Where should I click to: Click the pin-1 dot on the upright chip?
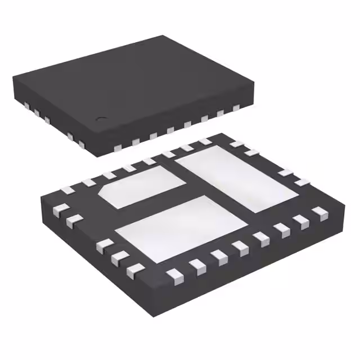pyautogui.click(x=102, y=119)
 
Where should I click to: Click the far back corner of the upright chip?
pyautogui.click(x=164, y=36)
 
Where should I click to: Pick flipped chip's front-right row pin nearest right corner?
pyautogui.click(x=320, y=213)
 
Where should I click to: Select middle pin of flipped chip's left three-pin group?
pyautogui.click(x=118, y=258)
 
